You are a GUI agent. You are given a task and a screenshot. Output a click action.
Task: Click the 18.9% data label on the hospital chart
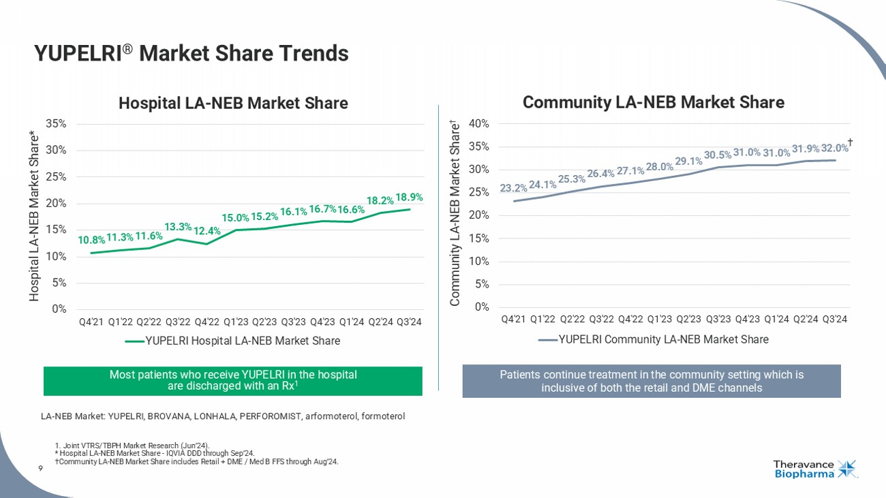tap(409, 197)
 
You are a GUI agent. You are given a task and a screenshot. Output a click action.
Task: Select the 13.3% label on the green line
tap(178, 226)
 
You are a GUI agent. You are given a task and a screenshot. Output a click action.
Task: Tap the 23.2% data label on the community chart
tap(513, 187)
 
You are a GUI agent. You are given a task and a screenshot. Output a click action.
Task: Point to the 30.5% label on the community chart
tap(717, 155)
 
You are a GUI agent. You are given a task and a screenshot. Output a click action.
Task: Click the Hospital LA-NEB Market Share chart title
tap(233, 103)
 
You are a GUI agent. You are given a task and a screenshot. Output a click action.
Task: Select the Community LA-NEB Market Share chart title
tap(653, 102)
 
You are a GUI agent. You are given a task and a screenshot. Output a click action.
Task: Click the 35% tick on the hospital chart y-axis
tap(57, 123)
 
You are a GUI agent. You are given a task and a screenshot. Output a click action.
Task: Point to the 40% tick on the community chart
tap(479, 123)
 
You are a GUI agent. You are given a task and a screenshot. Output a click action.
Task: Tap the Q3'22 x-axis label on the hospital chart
tap(178, 322)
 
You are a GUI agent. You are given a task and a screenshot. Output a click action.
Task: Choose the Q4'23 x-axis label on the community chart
tap(748, 319)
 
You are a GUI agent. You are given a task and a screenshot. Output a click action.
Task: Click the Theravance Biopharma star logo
tap(847, 469)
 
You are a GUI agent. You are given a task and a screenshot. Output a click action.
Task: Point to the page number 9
tap(41, 468)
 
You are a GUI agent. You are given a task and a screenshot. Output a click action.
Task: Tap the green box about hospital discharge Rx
tap(232, 381)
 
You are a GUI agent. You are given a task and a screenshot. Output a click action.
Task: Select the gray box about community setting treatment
tap(652, 381)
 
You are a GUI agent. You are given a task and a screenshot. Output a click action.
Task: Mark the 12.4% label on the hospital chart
tap(207, 231)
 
